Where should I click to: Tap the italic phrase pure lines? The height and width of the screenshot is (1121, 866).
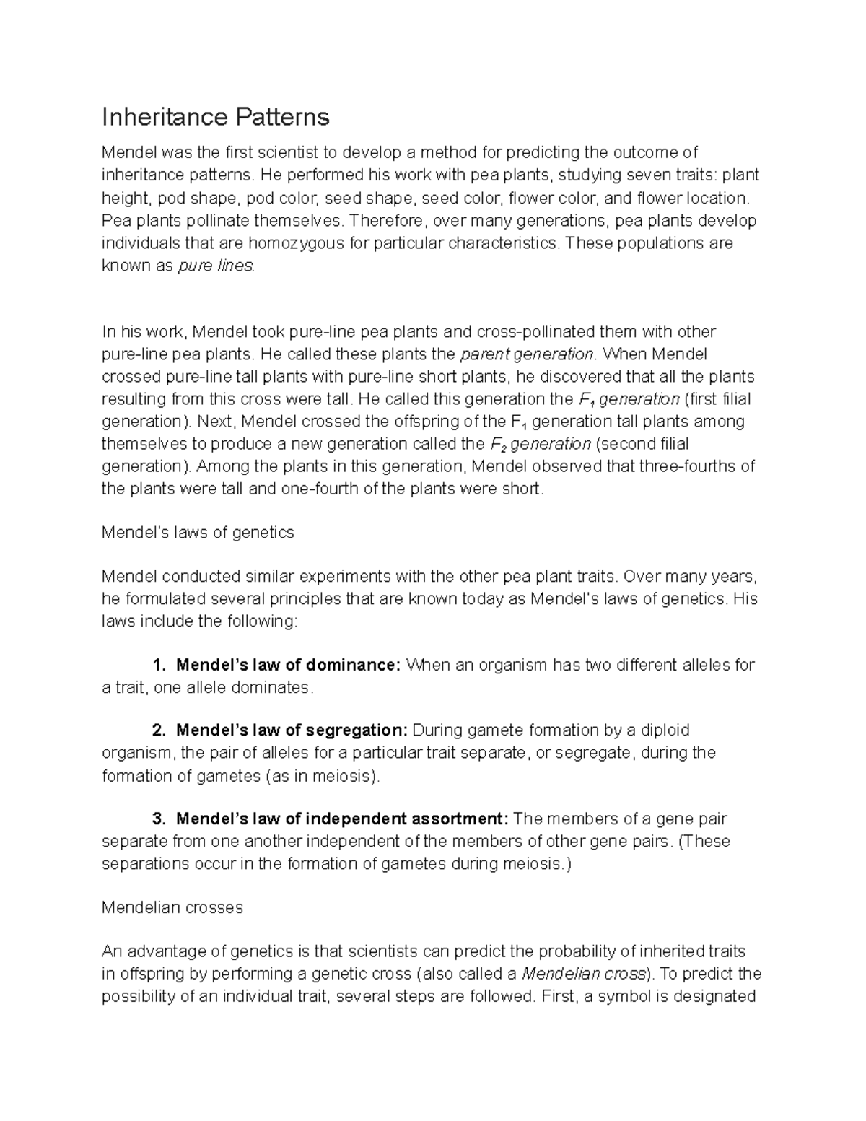216,266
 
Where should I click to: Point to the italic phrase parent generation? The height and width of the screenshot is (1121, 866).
528,354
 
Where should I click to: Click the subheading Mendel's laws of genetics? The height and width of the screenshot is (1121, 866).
198,533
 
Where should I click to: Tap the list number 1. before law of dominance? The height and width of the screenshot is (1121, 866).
159,665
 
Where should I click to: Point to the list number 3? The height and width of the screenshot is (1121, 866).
159,819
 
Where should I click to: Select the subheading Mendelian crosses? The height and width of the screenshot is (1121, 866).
172,908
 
